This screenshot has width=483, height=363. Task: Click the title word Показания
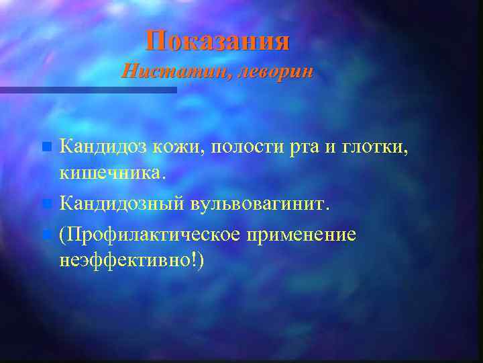[218, 41]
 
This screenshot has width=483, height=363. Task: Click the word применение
[311, 235]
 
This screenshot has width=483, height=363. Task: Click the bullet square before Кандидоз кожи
[46, 146]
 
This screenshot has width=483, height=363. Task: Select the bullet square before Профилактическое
[46, 235]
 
